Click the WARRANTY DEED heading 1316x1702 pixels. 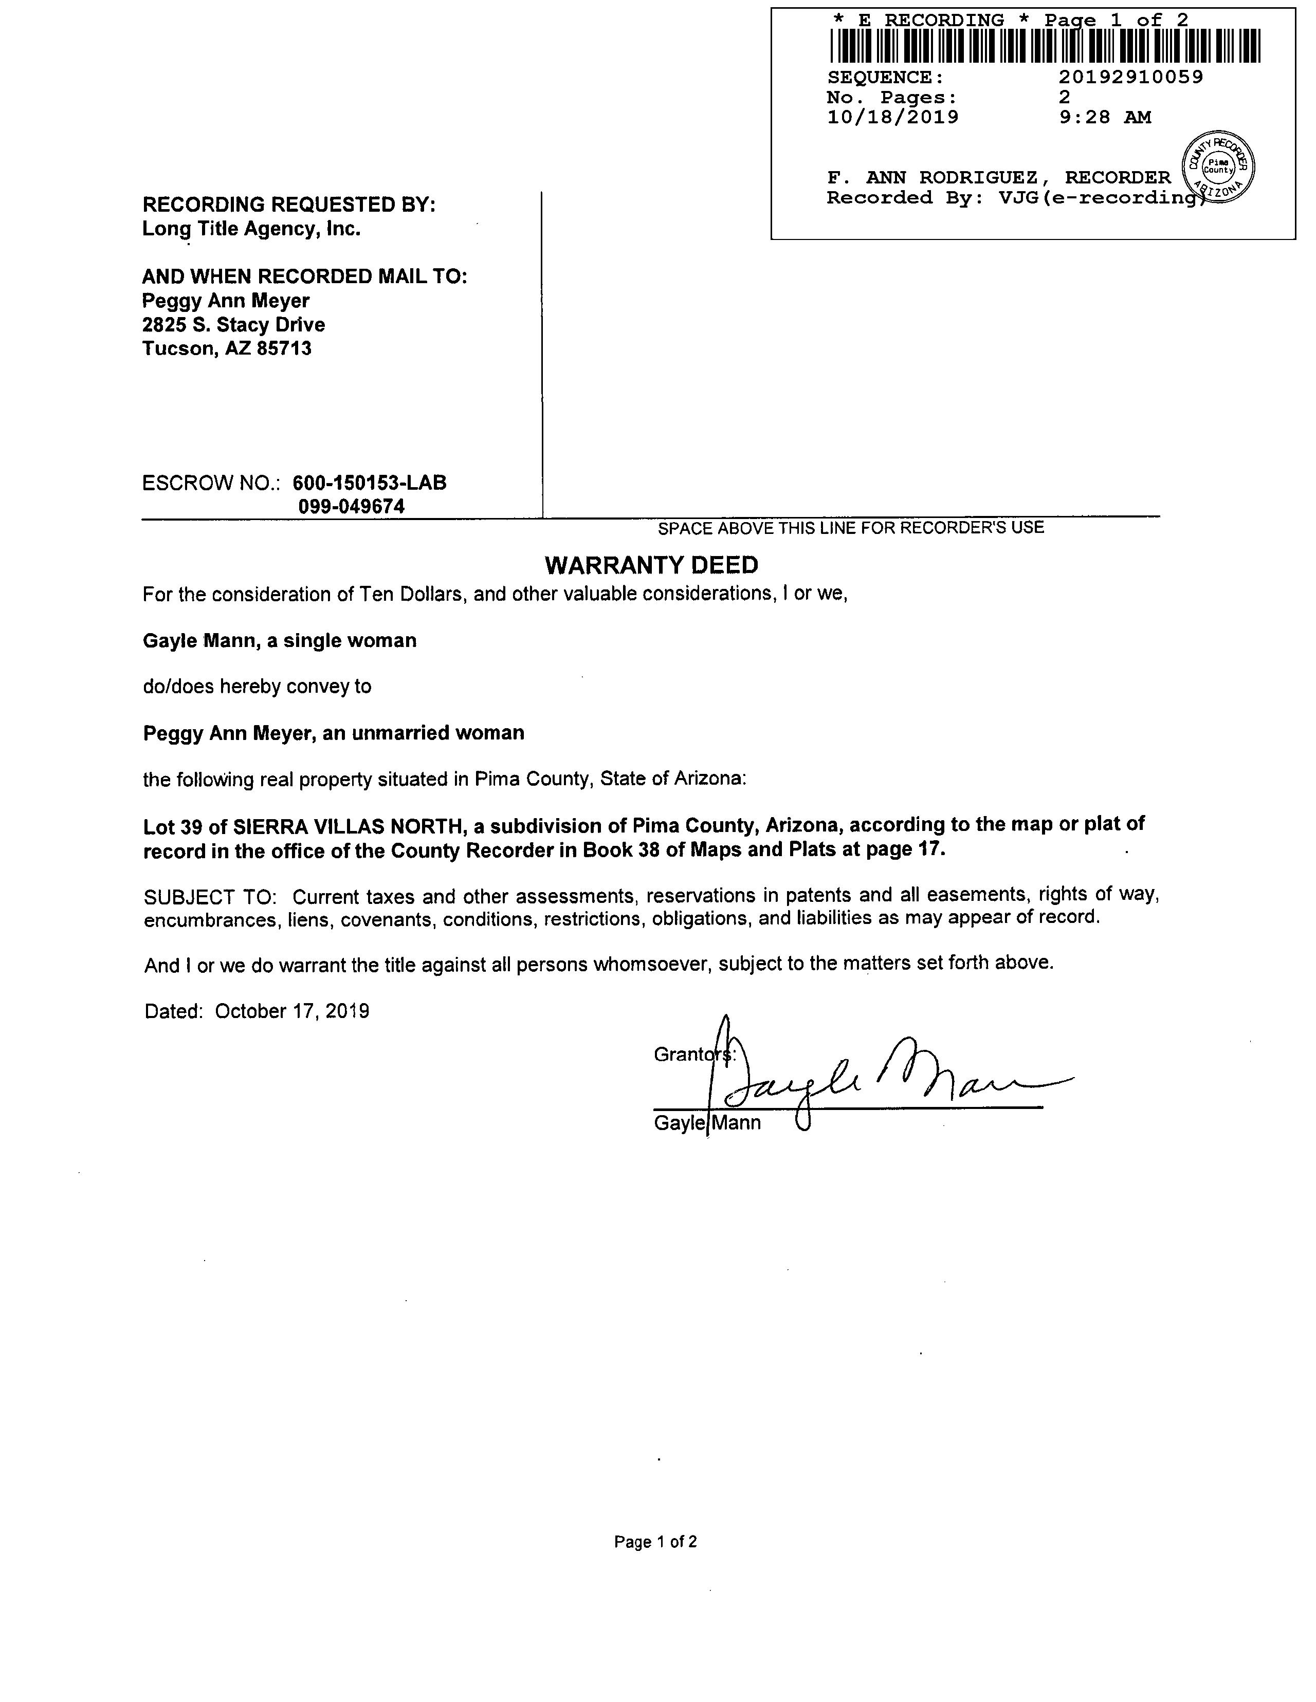651,565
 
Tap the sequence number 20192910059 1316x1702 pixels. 1130,77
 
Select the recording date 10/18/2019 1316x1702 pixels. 892,118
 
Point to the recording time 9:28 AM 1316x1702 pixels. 1105,118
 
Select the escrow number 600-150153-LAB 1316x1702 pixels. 370,483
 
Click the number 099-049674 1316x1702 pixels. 352,507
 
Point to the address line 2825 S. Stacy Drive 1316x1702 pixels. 233,325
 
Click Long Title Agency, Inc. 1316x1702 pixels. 251,229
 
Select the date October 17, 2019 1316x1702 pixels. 291,1011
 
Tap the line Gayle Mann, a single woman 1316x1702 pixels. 279,641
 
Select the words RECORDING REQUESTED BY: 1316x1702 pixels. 288,205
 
